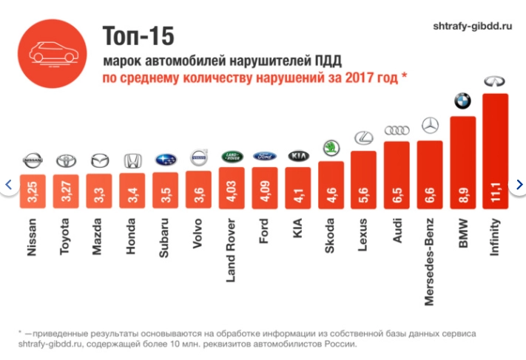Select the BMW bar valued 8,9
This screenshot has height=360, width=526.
pos(462,159)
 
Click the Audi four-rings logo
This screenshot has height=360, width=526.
pos(397,130)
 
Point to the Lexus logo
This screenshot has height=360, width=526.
pos(363,137)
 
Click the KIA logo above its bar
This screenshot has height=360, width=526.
pos(297,156)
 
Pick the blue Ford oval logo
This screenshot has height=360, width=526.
pos(265,156)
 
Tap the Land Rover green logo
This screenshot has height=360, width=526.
pos(232,156)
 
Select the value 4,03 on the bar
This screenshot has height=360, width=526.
pos(232,185)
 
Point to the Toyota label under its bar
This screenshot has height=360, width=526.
pos(64,236)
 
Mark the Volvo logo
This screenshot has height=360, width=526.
pos(198,158)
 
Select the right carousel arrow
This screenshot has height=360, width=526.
pos(519,184)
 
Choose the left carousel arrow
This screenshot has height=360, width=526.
pos(7,184)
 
